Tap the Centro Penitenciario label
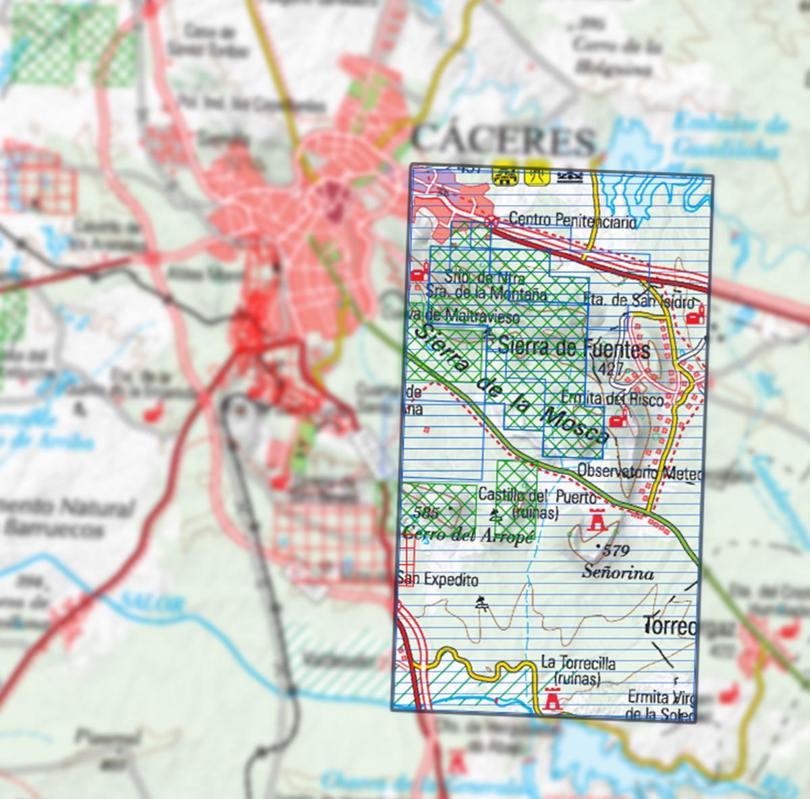[x=572, y=220]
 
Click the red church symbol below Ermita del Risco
[x=616, y=420]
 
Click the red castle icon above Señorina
[x=596, y=520]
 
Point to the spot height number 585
[x=428, y=512]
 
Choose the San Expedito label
[x=438, y=580]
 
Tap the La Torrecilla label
[x=578, y=663]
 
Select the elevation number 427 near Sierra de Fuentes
[x=610, y=368]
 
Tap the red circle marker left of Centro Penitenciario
[x=493, y=221]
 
